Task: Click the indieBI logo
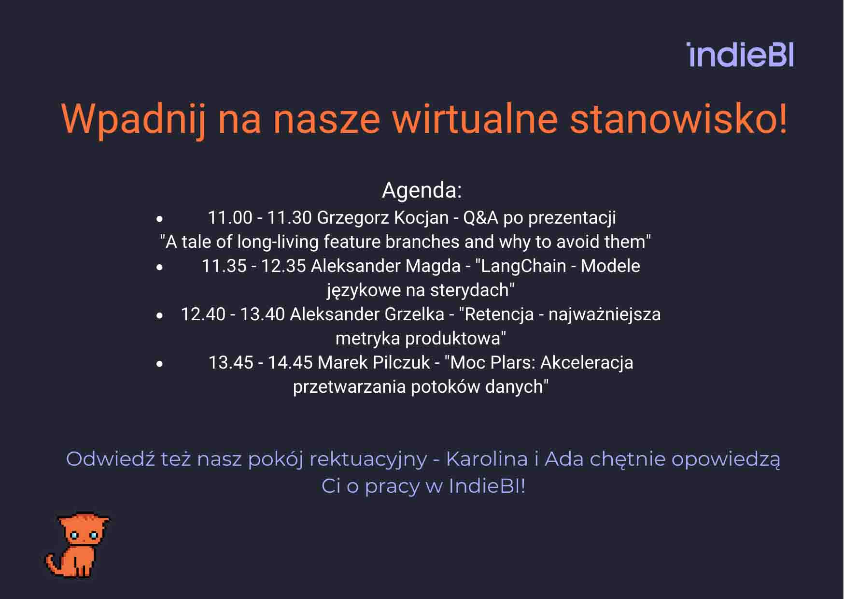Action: [740, 55]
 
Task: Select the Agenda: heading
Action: [422, 190]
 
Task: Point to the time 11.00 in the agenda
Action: [230, 218]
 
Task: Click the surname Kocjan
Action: [422, 218]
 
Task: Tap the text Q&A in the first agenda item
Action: [480, 218]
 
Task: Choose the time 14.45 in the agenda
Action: [290, 363]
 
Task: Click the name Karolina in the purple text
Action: [487, 459]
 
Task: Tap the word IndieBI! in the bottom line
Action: [487, 486]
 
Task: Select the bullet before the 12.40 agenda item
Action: [160, 315]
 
